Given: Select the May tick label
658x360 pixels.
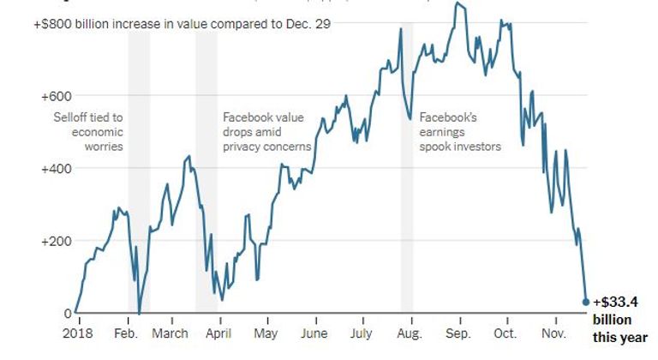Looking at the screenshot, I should [267, 333].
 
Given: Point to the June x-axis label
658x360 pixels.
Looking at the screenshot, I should [315, 333].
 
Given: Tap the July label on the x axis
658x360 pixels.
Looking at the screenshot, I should [361, 333].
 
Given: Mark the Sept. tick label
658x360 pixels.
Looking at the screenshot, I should [459, 333].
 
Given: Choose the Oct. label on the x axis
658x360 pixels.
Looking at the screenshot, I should [505, 333].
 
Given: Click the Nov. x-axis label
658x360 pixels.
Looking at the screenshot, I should [553, 333].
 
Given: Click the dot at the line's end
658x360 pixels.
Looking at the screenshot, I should [586, 302].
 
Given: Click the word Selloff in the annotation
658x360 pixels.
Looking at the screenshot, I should [72, 117].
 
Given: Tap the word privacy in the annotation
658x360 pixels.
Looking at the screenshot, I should [243, 147].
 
